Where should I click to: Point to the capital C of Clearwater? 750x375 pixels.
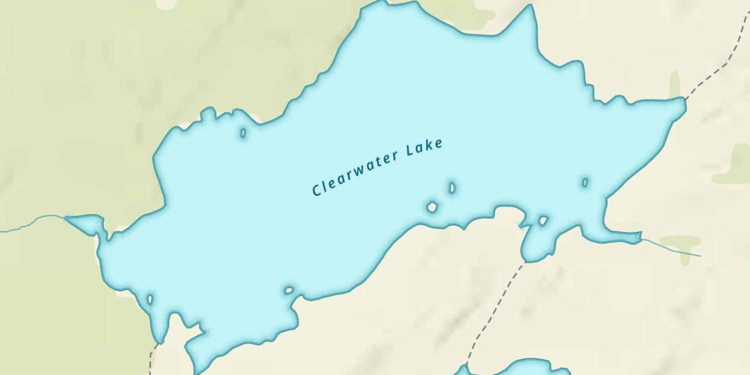316,190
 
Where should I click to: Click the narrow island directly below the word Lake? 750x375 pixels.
451,187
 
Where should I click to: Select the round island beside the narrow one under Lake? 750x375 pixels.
432,206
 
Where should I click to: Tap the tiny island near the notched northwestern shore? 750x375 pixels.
243,132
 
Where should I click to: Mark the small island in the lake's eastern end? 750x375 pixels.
584,182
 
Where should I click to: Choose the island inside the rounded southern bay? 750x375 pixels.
543,220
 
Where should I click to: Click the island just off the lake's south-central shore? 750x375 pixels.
288,290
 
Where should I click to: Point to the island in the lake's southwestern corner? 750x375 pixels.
149,299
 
